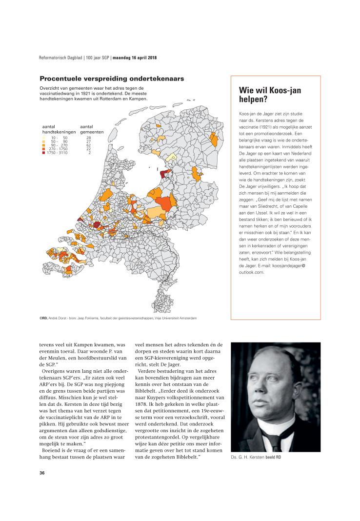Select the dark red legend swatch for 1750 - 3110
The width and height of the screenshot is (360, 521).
[44, 153]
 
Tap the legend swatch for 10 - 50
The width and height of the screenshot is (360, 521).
[44, 138]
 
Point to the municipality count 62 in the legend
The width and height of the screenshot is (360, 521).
[88, 145]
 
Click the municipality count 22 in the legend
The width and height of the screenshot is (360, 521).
[88, 149]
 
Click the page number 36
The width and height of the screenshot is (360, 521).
[42, 473]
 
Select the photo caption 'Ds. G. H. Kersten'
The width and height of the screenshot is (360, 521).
[249, 457]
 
